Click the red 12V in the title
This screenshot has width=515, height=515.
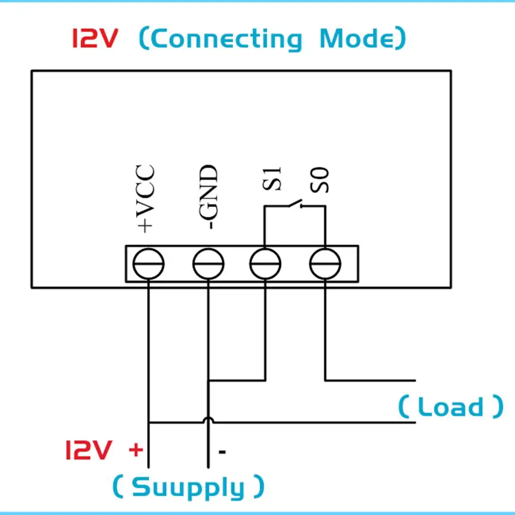point(95,39)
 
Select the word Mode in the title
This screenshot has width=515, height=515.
point(358,38)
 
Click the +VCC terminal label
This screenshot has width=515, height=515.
point(145,199)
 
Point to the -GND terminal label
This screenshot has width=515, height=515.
point(208,197)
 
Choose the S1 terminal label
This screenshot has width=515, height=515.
point(272,179)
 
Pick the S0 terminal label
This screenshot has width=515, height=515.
point(319,180)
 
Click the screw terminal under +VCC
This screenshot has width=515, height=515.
point(149,264)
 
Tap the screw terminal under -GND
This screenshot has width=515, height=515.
point(208,264)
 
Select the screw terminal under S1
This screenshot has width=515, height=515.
point(265,264)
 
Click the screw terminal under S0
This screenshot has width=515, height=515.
point(325,264)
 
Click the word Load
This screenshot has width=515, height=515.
point(451,406)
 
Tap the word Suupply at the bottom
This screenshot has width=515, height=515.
point(188,487)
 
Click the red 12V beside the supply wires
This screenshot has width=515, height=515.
point(88,450)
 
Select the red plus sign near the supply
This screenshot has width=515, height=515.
point(136,450)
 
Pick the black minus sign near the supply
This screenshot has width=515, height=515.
point(222,452)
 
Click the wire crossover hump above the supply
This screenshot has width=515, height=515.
point(208,420)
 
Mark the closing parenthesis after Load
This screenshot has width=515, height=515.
point(498,406)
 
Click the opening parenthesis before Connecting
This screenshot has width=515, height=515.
point(145,38)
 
